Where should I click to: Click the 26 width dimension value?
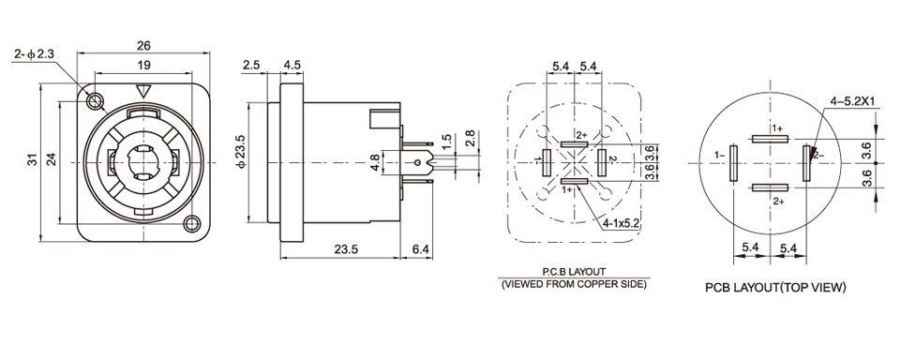pyautogui.click(x=143, y=45)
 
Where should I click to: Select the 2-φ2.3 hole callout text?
pyautogui.click(x=35, y=54)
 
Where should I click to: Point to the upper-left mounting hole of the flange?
pyautogui.click(x=94, y=102)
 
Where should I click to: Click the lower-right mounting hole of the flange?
pyautogui.click(x=191, y=223)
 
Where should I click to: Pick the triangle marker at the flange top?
pyautogui.click(x=143, y=92)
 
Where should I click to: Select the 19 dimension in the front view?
pyautogui.click(x=143, y=66)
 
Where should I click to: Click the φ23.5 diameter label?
pyautogui.click(x=242, y=152)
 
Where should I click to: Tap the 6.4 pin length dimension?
pyautogui.click(x=421, y=249)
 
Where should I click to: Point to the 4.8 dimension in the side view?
pyautogui.click(x=374, y=162)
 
